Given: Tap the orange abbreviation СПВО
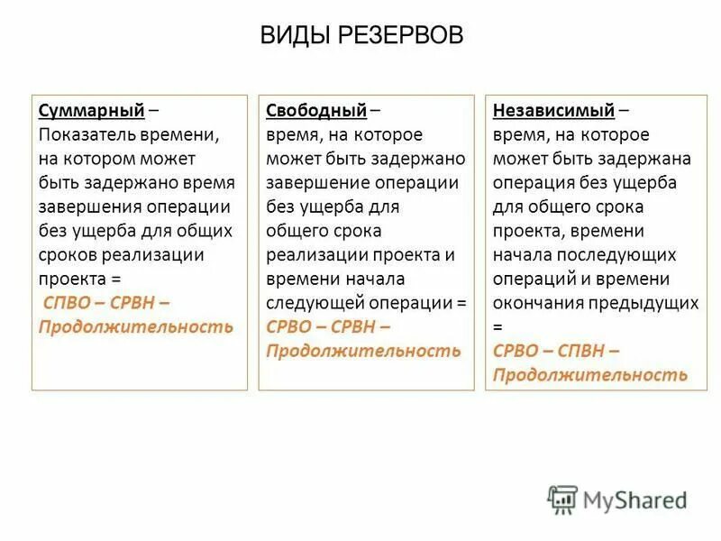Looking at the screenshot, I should (x=68, y=302).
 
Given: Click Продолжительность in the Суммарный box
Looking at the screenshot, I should (x=135, y=326).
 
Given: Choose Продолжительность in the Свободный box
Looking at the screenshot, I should (x=363, y=350).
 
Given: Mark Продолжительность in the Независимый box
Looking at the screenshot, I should (x=590, y=374).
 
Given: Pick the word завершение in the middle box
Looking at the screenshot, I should (x=315, y=183).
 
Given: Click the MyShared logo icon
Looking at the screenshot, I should (x=562, y=500).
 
